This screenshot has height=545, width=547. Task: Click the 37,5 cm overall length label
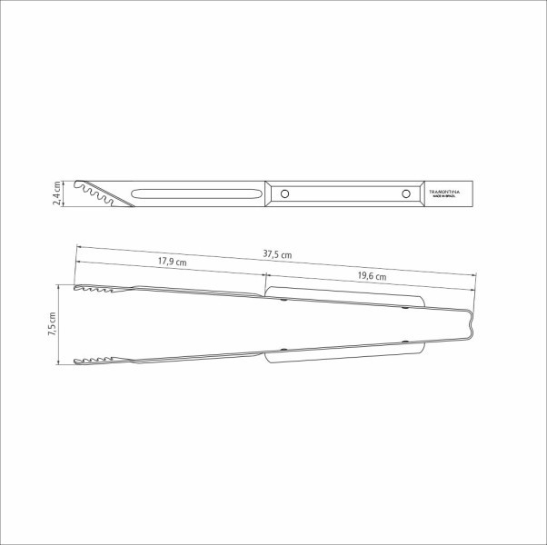click(x=277, y=255)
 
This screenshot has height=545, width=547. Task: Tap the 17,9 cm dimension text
click(x=172, y=262)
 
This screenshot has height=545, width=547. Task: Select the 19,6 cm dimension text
click(x=371, y=276)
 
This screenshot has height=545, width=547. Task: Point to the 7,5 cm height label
click(x=52, y=326)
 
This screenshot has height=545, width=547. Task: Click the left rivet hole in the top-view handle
click(x=284, y=193)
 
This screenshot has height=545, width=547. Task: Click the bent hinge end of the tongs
click(x=469, y=325)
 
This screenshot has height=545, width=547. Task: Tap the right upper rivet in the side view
click(x=405, y=308)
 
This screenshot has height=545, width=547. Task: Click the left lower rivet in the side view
click(x=284, y=351)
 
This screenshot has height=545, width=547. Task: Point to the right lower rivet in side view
click(x=405, y=342)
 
